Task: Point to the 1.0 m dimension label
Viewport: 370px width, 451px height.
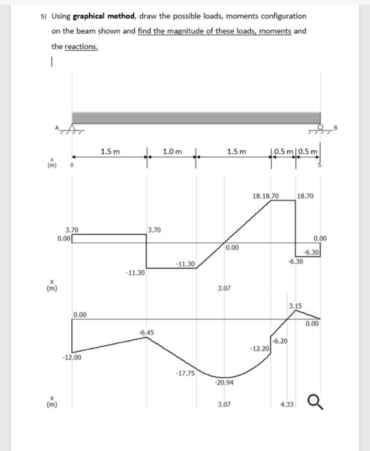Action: tap(172, 151)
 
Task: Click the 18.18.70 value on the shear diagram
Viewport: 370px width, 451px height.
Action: tap(266, 195)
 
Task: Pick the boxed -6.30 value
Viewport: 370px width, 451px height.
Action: tap(311, 252)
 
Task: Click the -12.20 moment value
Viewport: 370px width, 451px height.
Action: tap(259, 348)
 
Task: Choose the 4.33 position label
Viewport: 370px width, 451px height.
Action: tap(287, 404)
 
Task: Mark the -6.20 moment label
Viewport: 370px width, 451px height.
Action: tap(281, 340)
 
